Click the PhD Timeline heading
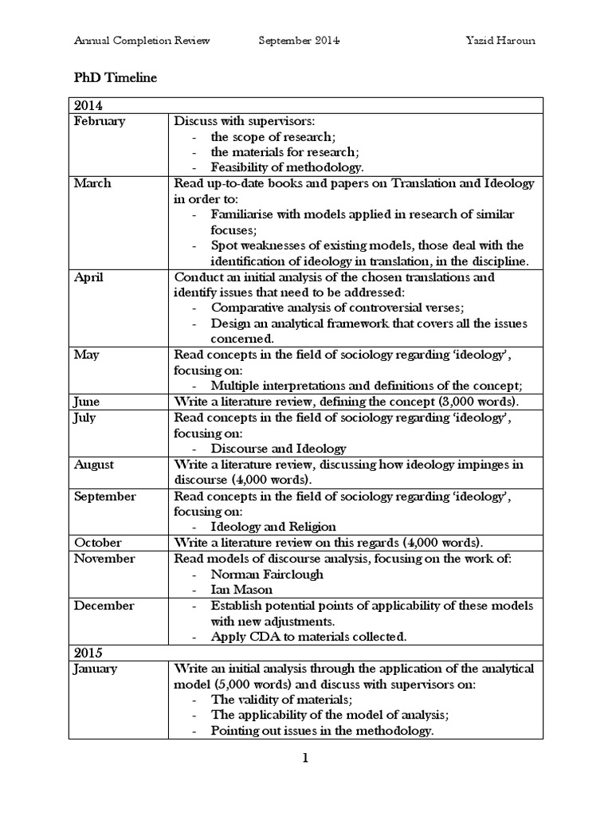coord(116,78)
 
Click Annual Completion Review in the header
coord(142,41)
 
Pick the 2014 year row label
coord(88,105)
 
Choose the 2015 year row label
coord(88,653)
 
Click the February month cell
coord(99,121)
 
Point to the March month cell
coord(92,183)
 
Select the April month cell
coord(88,277)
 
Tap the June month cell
coord(87,402)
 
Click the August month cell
coord(94,464)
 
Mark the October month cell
coord(97,543)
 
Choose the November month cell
coord(104,559)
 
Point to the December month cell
coord(104,606)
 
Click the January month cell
coord(95,669)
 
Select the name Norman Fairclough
coord(256,575)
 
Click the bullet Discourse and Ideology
coord(278,449)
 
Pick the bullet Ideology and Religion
coord(273,527)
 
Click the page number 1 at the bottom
coord(304,759)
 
